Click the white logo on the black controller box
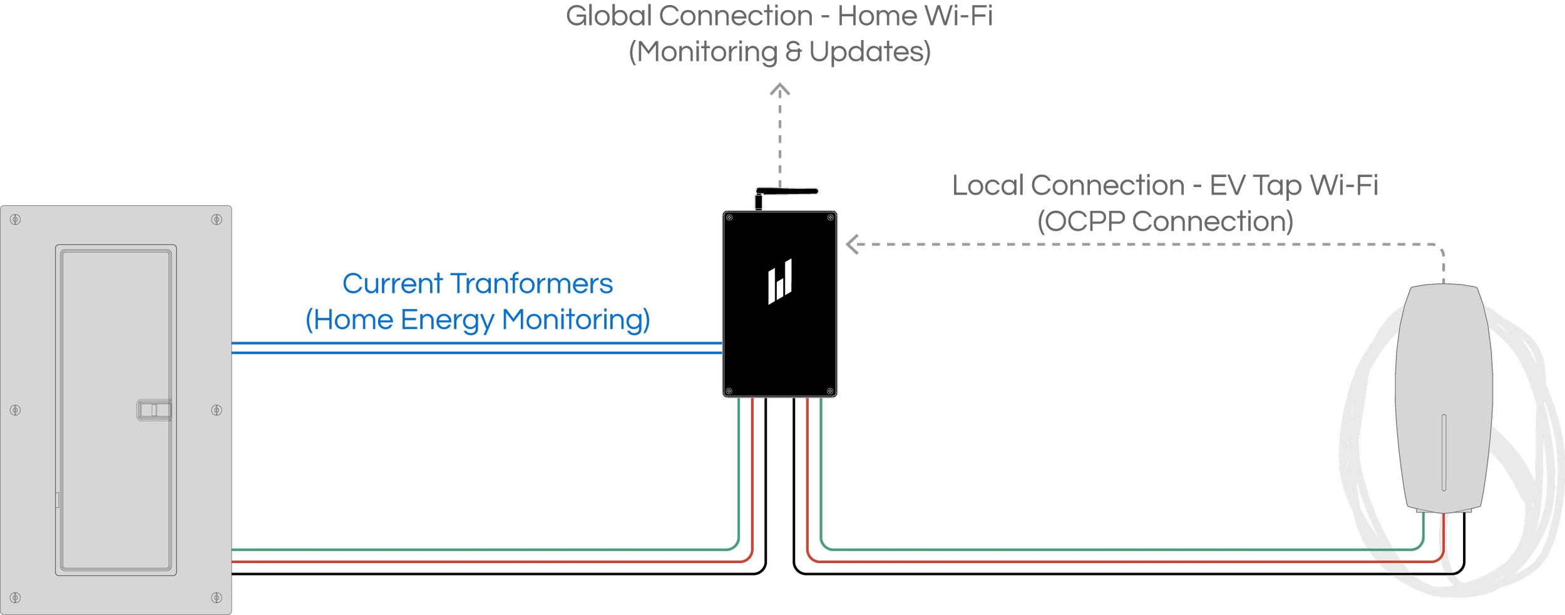point(780,282)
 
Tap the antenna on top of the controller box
point(786,191)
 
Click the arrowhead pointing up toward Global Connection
point(779,90)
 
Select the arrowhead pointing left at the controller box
point(852,244)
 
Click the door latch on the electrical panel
point(154,410)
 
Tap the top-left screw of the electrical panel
point(16,220)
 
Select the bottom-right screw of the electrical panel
point(217,597)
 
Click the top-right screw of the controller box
point(830,218)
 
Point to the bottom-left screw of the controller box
point(729,391)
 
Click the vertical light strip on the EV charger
point(1444,452)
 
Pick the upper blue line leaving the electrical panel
point(476,343)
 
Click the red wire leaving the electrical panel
point(476,562)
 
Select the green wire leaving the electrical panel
point(476,550)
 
